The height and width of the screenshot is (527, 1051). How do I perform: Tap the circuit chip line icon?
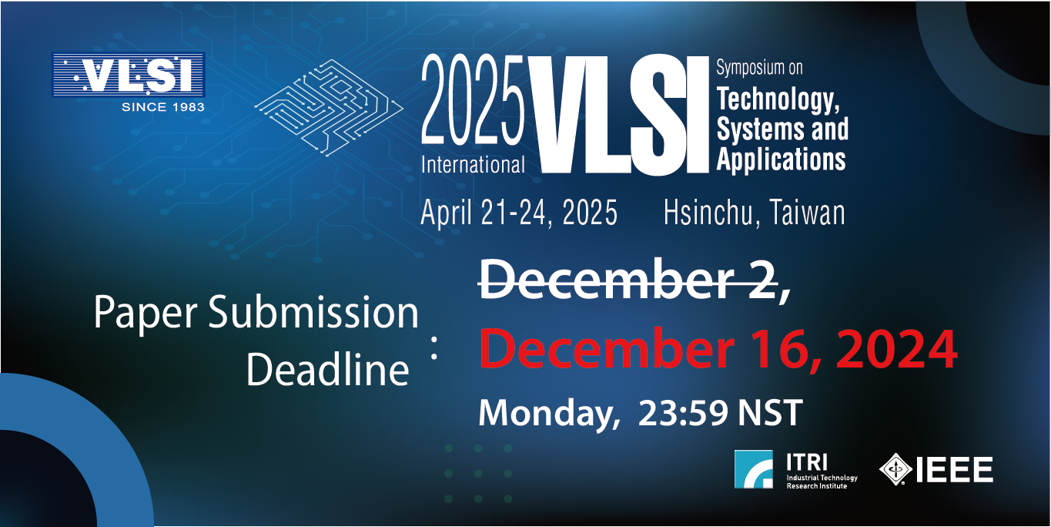pos(329,107)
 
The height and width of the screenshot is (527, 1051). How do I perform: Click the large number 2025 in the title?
pos(473,99)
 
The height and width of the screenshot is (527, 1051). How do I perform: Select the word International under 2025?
pos(473,165)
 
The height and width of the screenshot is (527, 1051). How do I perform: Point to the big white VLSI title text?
pos(618,115)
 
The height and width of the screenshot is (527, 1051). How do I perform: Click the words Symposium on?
pos(759,68)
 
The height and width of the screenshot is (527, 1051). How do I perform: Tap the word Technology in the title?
pos(778,99)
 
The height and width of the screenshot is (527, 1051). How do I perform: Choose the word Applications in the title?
pos(781,159)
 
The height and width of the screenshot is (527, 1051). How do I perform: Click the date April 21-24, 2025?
pos(518,213)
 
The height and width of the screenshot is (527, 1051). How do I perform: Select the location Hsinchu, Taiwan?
pos(754,213)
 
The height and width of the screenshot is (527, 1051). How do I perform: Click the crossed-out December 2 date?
pos(629,280)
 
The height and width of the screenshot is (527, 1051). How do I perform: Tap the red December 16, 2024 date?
pos(718,348)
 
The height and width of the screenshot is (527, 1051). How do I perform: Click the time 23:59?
pos(683,413)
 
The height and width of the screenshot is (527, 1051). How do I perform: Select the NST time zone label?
pos(770,413)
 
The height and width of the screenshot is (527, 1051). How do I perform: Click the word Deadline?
pos(327,370)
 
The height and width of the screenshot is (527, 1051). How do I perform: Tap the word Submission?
pos(313,312)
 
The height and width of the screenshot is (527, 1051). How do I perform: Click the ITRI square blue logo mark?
pos(754,469)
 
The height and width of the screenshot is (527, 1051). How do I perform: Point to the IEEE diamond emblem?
pos(895,468)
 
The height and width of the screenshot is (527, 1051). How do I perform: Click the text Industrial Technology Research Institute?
pos(822,482)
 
